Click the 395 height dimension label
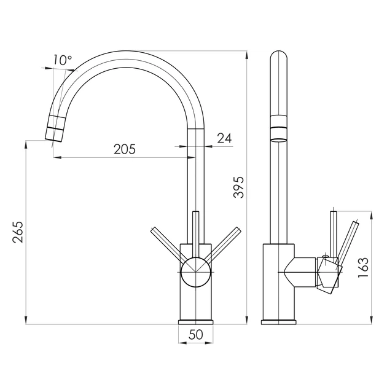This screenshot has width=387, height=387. tap(239, 187)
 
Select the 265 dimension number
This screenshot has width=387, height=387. tap(18, 232)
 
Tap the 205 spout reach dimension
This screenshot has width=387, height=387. tap(125, 149)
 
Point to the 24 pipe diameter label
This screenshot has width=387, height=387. tap(224, 138)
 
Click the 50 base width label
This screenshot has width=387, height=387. tap(196, 335)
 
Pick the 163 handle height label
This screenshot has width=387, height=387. tap(363, 268)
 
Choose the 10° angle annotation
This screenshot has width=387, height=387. tap(63, 60)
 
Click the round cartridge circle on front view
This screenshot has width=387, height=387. tap(195, 272)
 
